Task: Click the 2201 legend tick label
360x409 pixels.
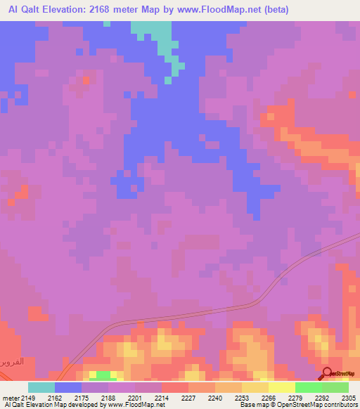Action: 136,398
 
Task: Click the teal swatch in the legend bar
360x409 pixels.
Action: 41,387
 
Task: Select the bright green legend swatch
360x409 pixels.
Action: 308,387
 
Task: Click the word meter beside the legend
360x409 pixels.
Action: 10,398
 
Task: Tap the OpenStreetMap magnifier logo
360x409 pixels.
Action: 326,372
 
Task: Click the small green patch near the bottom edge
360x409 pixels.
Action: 103,375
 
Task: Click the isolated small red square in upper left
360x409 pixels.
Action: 86,80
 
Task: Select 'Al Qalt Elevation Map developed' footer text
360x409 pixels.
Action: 39,405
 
